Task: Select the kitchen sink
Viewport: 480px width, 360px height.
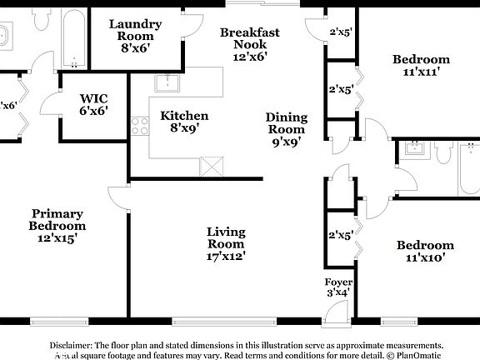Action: (168, 82)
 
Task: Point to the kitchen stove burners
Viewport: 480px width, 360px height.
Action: (139, 126)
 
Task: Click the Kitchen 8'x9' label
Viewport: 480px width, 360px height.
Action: (184, 122)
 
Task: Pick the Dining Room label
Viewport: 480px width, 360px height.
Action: (286, 129)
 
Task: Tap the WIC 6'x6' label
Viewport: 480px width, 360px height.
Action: (93, 103)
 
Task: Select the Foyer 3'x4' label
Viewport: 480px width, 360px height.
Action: (337, 287)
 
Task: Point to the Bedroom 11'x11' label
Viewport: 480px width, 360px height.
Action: (421, 65)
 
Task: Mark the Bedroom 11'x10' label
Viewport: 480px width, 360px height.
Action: (425, 251)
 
